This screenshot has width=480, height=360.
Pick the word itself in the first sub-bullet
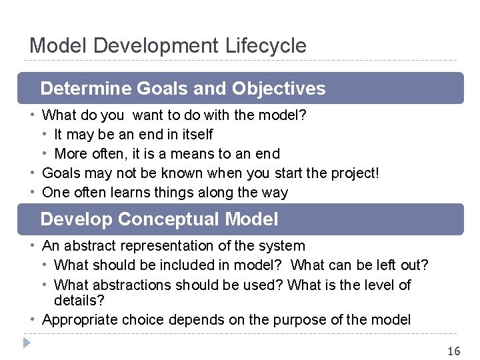coord(191,134)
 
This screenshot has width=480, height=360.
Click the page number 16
coord(453,351)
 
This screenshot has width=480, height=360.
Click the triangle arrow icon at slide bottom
coord(27,343)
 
